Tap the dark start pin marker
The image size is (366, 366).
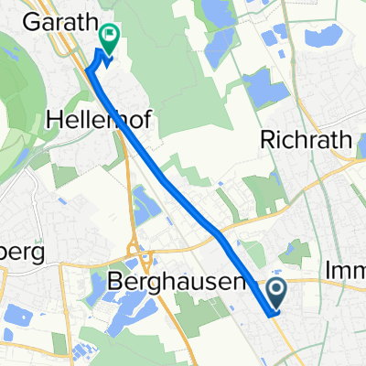(279, 293)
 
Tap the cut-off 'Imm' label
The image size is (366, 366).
(345, 272)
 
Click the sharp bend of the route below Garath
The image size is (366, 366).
(88, 69)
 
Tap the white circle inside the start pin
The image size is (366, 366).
(279, 290)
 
